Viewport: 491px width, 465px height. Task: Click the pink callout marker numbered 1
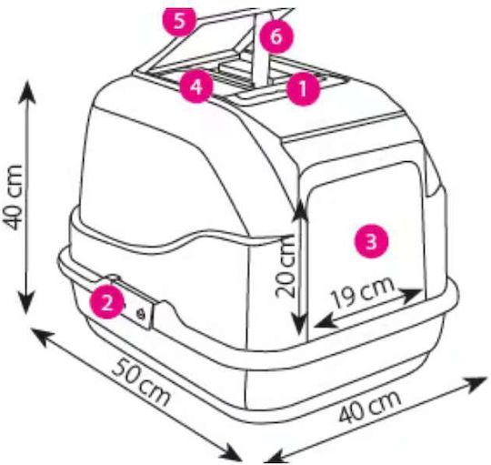(x=303, y=88)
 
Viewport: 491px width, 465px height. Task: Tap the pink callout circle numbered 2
(x=106, y=302)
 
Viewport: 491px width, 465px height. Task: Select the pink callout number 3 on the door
(x=371, y=240)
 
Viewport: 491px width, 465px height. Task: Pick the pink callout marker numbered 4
(x=196, y=86)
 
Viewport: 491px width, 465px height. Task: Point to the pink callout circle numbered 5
(x=179, y=21)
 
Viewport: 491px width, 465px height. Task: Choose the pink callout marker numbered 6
(x=276, y=36)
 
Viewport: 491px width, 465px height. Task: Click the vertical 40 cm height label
(x=13, y=197)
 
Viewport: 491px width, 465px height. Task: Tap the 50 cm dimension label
(x=142, y=383)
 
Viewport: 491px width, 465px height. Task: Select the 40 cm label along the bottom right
(x=369, y=407)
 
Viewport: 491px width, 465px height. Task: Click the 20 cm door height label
(x=285, y=266)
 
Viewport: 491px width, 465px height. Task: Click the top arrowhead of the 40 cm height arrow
(x=27, y=91)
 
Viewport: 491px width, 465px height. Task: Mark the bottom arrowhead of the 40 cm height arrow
(x=26, y=302)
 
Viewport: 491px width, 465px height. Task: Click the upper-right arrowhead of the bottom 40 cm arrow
(x=476, y=383)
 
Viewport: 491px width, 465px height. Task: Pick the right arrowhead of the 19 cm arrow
(x=412, y=294)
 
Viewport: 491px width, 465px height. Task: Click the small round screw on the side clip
(x=141, y=313)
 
